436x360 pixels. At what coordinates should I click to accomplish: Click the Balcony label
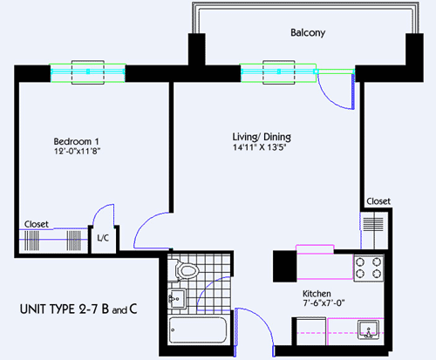click(x=308, y=33)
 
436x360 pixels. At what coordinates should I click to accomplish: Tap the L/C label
click(x=103, y=238)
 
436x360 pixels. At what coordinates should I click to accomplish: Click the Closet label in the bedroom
click(x=37, y=223)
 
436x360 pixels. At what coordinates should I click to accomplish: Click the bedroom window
click(x=88, y=73)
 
